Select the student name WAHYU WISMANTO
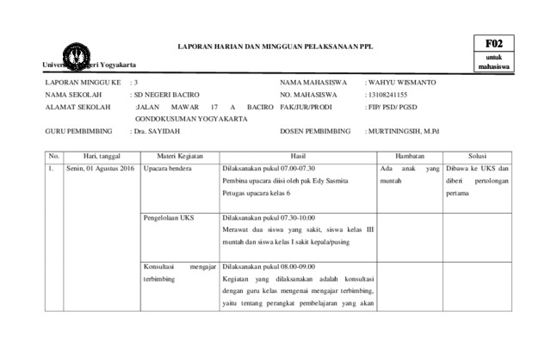pos(401,83)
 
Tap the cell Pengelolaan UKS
pos(170,218)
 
